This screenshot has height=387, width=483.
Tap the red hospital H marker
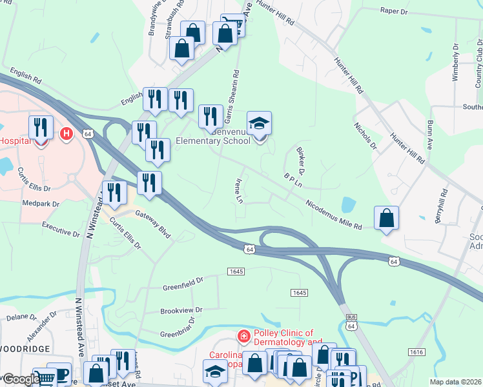point(65,134)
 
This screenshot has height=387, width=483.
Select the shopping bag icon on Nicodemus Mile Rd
point(386,219)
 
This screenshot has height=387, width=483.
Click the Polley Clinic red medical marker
point(243,336)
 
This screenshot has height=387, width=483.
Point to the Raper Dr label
point(395,11)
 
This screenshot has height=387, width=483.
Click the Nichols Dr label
point(365,135)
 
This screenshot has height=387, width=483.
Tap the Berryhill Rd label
point(441,204)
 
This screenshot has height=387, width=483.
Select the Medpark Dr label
point(40,203)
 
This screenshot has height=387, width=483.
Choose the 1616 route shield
point(416,352)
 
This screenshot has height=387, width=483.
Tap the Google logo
point(21,380)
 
